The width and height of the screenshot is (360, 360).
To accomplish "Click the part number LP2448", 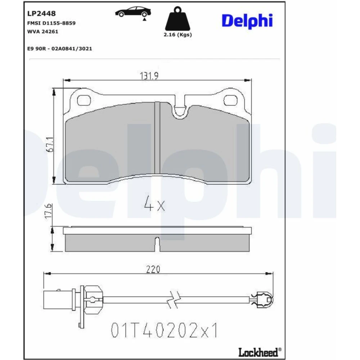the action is click(41, 14).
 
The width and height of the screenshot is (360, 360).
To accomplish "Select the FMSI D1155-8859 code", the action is click(51, 23).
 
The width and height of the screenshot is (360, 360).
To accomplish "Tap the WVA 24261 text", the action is click(43, 32).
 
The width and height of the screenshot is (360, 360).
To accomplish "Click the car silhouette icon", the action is click(133, 12).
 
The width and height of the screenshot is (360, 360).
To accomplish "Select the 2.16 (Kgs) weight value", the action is click(178, 35).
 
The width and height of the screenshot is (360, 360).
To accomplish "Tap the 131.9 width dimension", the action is click(149, 76).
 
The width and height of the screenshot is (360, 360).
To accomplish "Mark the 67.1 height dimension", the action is click(50, 144).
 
